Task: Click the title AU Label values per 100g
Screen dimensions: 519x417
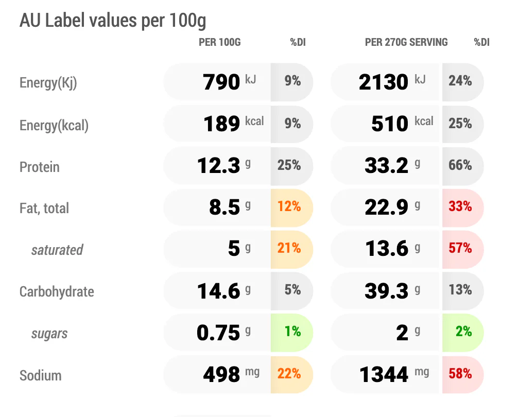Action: [113, 21]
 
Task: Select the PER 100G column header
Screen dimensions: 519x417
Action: [220, 42]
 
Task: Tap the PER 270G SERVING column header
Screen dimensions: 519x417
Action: [406, 42]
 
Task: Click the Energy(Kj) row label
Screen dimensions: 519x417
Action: [48, 83]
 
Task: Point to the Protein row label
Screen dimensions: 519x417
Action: [40, 167]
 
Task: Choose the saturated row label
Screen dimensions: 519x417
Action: [57, 250]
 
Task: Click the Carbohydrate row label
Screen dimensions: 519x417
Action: [57, 291]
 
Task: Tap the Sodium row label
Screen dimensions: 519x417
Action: [41, 375]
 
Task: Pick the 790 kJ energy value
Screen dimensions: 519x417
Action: [230, 82]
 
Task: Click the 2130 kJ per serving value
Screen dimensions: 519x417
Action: [392, 82]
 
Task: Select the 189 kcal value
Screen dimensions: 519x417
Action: [234, 124]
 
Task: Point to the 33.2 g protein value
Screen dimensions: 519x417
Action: [392, 165]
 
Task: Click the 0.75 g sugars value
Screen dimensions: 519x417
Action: [224, 332]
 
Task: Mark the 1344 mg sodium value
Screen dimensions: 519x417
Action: [394, 374]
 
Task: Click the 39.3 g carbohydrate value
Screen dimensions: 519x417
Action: [392, 291]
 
